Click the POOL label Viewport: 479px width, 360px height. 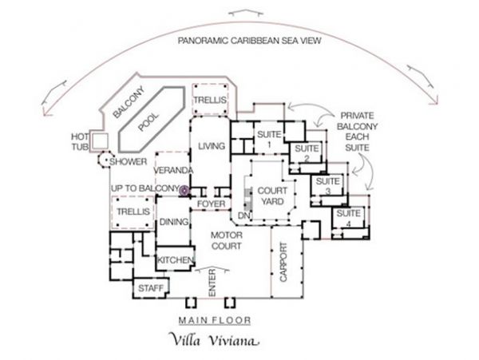point(148,122)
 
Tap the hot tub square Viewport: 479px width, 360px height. point(101,140)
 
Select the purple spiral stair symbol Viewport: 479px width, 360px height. point(184,191)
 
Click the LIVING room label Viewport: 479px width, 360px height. point(212,146)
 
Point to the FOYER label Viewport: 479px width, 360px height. point(211,204)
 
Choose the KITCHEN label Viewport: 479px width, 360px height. point(176,260)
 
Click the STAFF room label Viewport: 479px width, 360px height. point(151,288)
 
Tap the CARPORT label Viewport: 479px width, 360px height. point(283,262)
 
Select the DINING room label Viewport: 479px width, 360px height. point(173,222)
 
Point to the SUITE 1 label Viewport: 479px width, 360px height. point(269,139)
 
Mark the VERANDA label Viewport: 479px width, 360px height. point(173,170)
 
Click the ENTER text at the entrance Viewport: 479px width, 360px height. point(212,283)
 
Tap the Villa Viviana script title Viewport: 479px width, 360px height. point(214,340)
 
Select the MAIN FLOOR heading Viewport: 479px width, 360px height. point(215,320)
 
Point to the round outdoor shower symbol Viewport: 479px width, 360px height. point(104,160)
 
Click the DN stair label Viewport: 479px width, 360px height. point(244,216)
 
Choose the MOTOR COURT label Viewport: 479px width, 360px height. point(227,240)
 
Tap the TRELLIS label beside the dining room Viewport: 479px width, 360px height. point(133,212)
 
